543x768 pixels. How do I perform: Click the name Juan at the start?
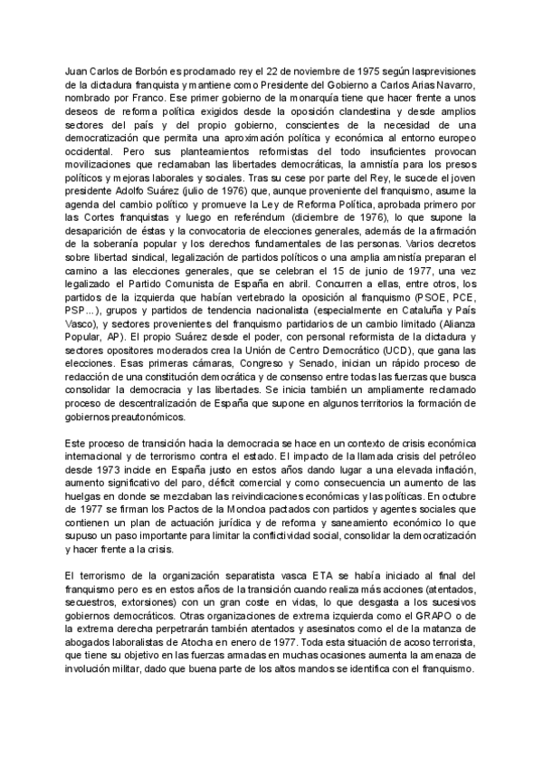tap(79, 71)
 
